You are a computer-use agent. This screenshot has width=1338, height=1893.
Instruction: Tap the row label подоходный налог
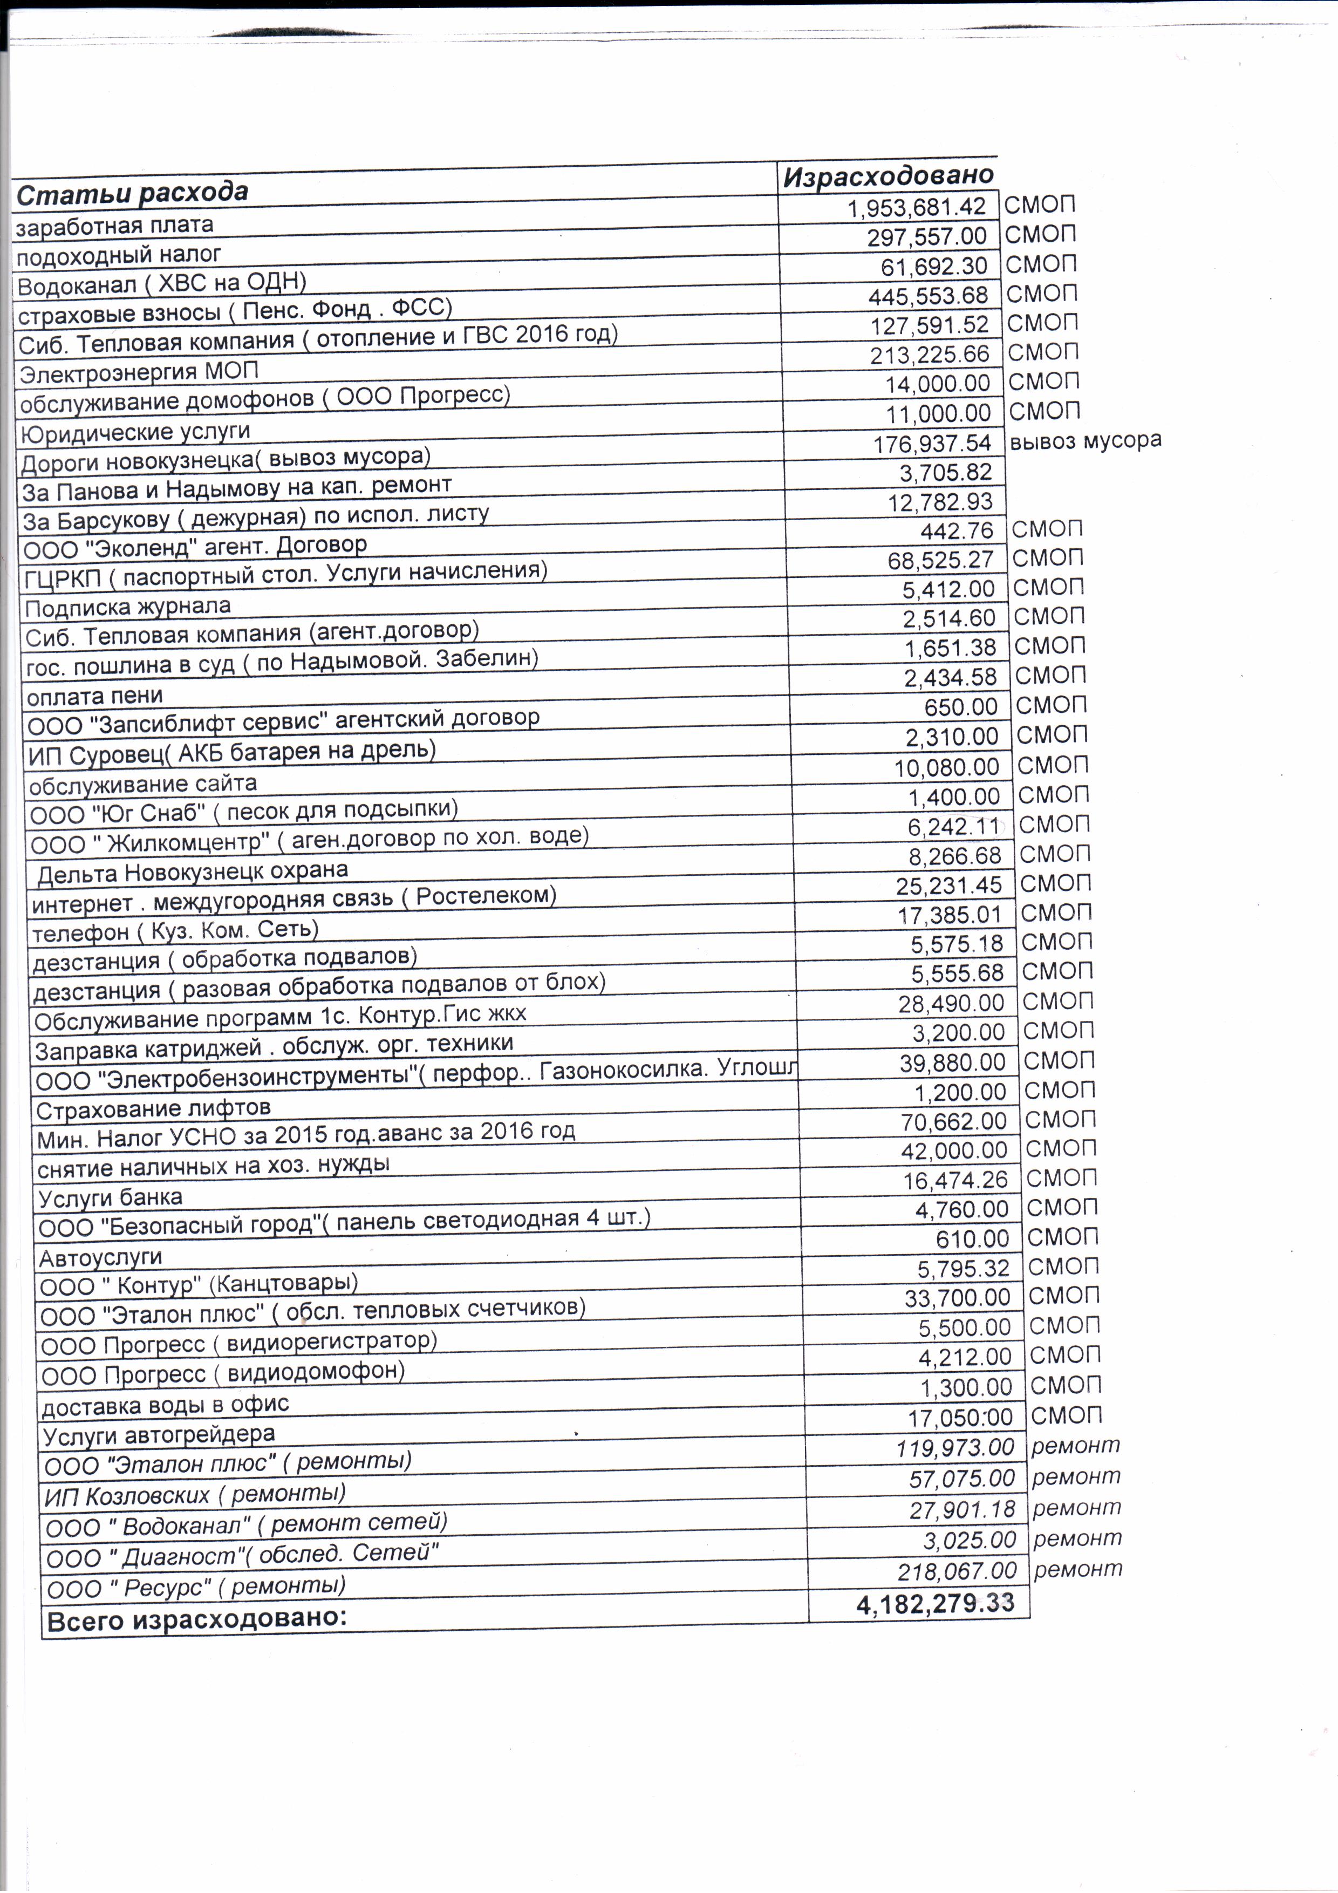(x=119, y=255)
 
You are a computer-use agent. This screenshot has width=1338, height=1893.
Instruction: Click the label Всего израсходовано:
(x=196, y=1619)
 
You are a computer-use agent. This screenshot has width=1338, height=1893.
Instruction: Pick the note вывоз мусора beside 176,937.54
(x=1085, y=440)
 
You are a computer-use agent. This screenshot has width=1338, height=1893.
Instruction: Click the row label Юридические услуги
(x=134, y=432)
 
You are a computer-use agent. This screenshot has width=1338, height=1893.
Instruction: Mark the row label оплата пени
(x=95, y=696)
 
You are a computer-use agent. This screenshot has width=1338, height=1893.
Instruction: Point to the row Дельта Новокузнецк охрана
(x=192, y=871)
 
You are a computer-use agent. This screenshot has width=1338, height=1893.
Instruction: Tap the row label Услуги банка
(x=110, y=1197)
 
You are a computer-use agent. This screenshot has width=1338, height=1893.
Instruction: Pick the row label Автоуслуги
(x=100, y=1257)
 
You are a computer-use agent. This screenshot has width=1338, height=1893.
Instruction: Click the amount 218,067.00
(x=957, y=1571)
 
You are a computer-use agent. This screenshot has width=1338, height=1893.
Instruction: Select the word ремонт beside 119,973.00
(x=1075, y=1445)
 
